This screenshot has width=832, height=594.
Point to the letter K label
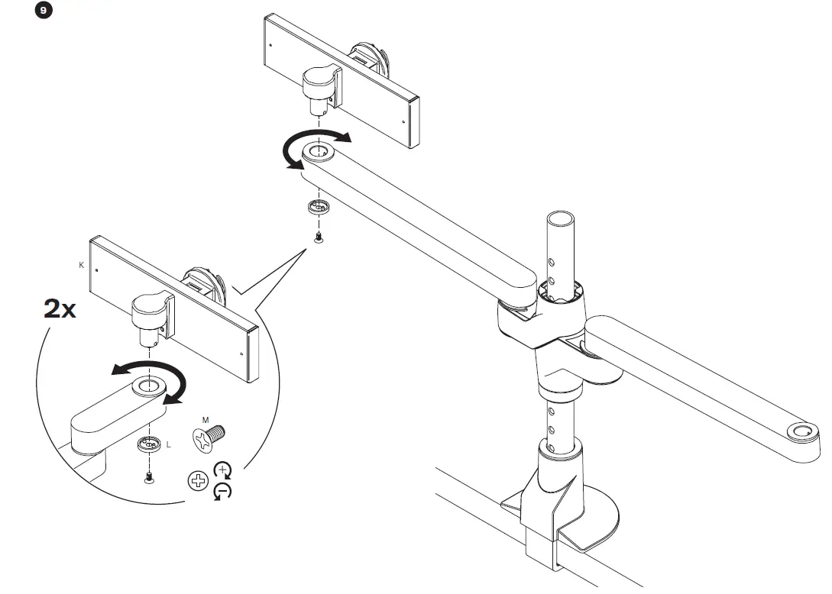pos(81,265)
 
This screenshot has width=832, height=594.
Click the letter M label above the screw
pos(205,420)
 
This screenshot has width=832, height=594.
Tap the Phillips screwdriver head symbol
pos(198,481)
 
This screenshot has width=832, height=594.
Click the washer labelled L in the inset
pos(148,444)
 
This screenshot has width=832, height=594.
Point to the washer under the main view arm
pos(317,206)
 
